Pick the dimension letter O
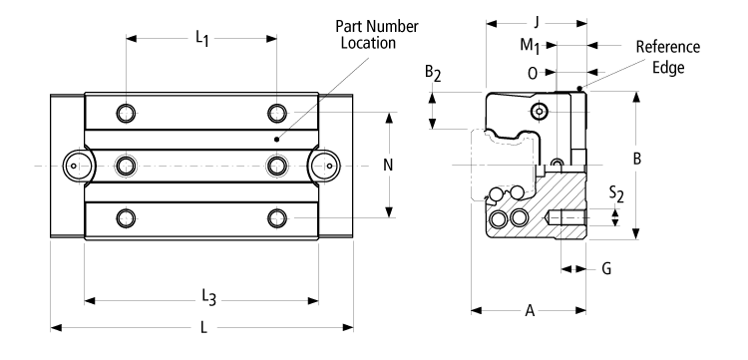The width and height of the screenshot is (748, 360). coord(533,72)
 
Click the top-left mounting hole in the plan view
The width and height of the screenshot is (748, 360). coord(125,111)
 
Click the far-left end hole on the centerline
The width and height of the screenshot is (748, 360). coord(75,164)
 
